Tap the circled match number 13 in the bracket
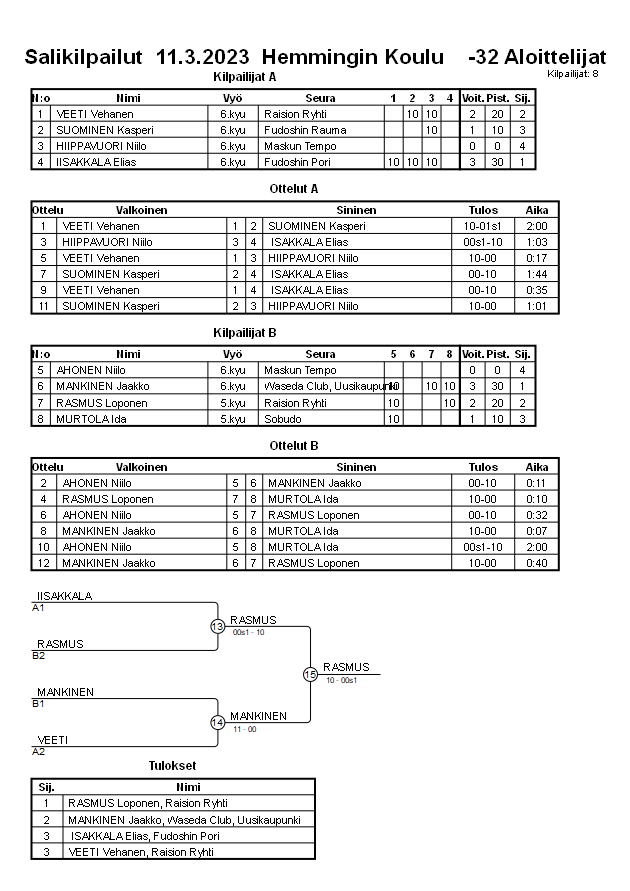tap(217, 627)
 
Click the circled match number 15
tap(310, 675)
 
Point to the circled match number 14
tap(217, 723)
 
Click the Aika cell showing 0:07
tap(537, 531)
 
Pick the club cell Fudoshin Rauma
tap(305, 130)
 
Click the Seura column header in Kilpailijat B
tap(320, 354)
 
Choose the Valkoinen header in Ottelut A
tap(141, 210)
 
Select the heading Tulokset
tap(172, 766)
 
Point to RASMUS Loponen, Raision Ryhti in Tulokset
tap(148, 803)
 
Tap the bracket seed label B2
tap(38, 655)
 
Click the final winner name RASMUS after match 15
tap(346, 667)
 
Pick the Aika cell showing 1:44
tap(537, 274)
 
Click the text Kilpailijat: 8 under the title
tap(573, 74)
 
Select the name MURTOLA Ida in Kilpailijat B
tap(88, 418)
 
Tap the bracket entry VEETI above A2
tap(53, 740)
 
